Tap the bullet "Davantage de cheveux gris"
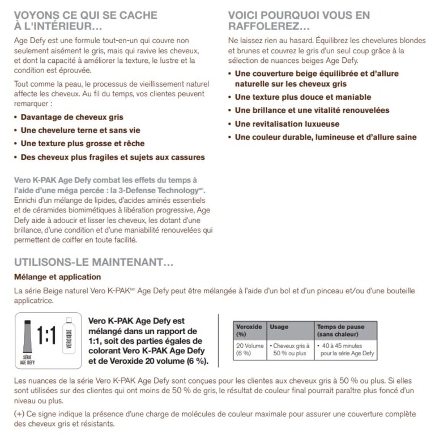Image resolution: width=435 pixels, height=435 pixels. point(69,117)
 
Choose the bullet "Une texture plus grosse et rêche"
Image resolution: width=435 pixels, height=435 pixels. point(83,143)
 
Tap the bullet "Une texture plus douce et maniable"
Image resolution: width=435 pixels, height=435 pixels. point(304,96)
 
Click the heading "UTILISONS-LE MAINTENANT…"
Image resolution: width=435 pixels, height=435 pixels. point(93,263)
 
